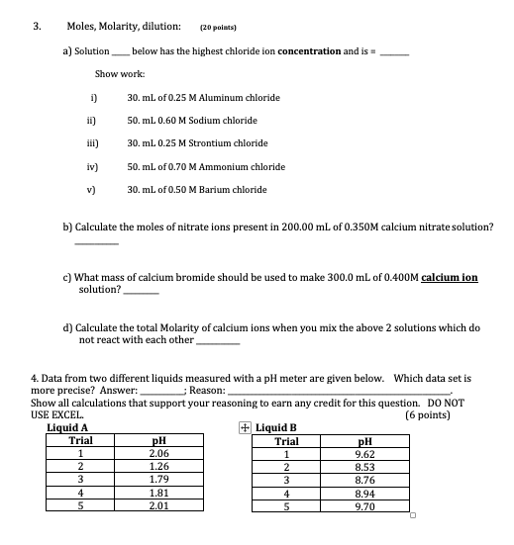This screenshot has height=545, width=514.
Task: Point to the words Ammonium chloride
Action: [248, 167]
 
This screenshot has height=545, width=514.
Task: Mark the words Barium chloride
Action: [232, 190]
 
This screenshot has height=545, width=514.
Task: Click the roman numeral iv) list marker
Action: [93, 167]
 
